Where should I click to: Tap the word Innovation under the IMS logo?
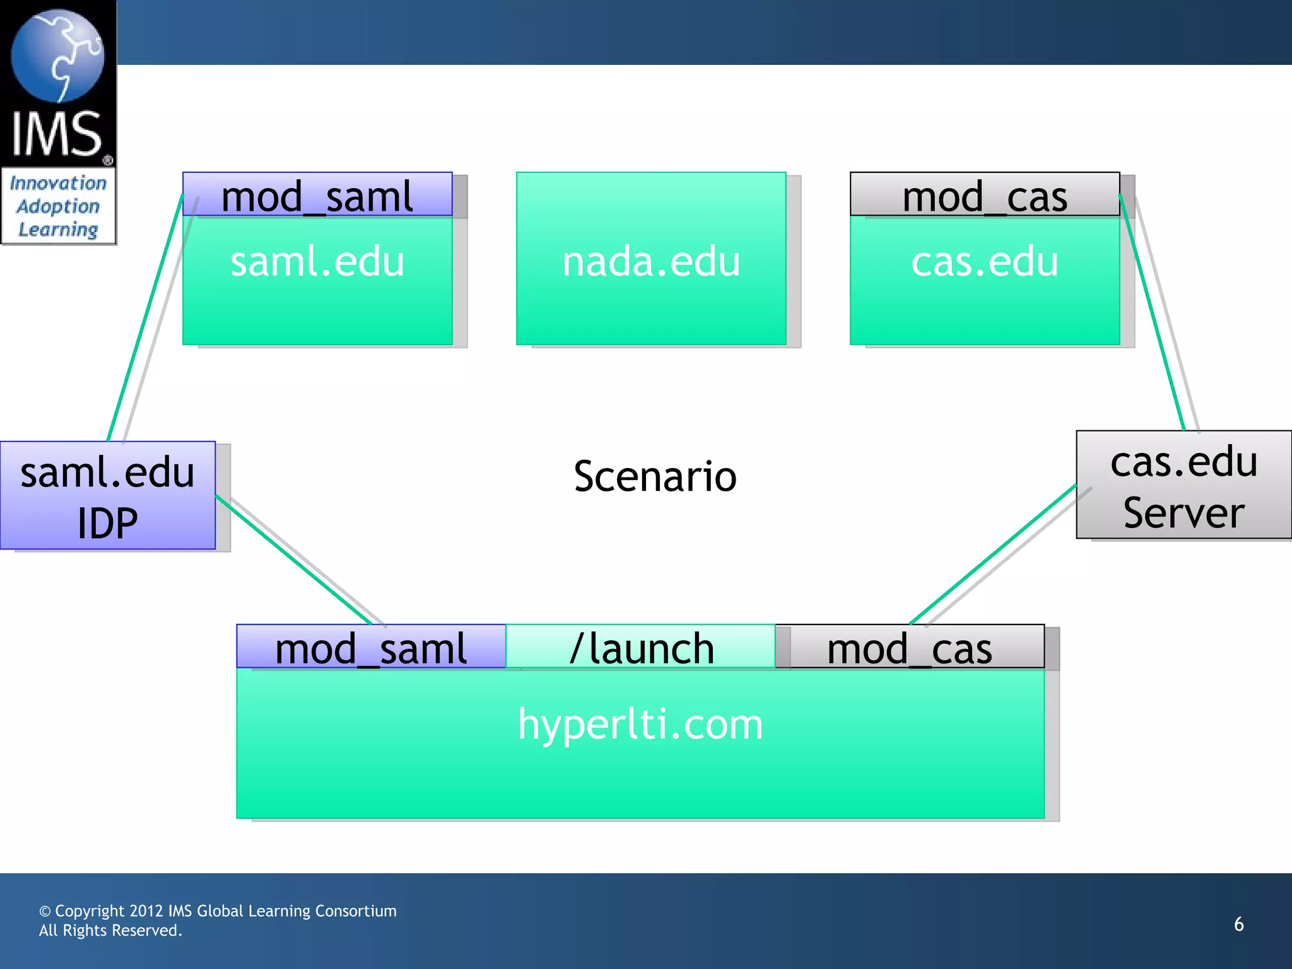58,184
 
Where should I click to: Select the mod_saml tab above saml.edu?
317,196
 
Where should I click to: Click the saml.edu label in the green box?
317,261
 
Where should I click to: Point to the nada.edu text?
651,261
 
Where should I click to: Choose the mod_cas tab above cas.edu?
984,196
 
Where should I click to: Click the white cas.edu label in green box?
984,261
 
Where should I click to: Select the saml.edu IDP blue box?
108,496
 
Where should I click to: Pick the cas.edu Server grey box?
1183,485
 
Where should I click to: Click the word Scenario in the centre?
655,476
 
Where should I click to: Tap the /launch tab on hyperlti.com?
641,647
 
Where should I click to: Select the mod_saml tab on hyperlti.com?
371,647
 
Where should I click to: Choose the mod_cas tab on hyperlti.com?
910,647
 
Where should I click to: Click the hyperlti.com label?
640,724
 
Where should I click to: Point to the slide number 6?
1238,924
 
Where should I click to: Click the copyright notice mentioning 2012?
218,911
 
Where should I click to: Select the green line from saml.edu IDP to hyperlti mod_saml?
293,560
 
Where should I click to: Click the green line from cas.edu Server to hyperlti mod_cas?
993,554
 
